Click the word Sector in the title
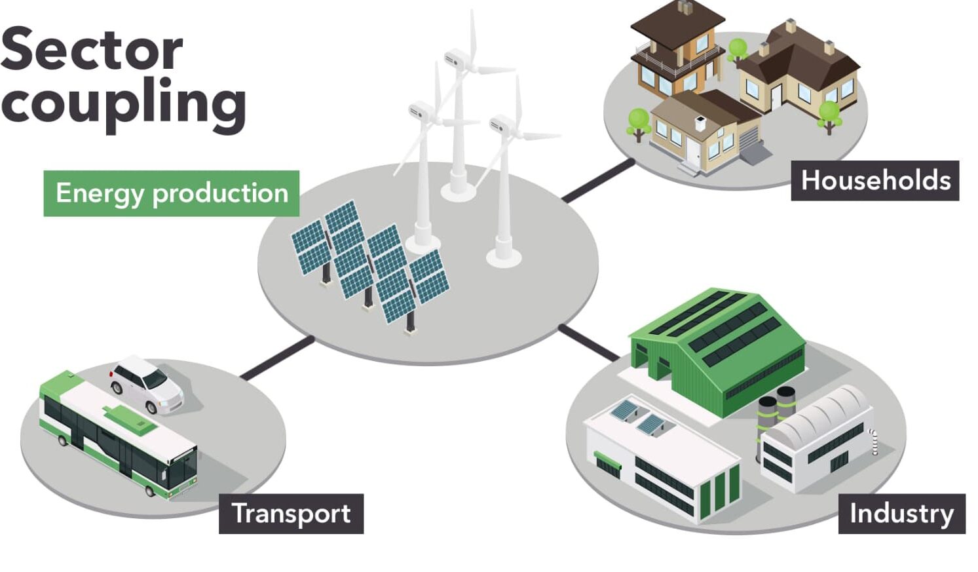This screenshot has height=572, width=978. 91,48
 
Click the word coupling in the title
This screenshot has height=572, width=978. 124,104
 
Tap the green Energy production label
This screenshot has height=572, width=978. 172,193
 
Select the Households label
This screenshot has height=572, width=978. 875,180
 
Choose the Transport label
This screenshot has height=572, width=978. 292,514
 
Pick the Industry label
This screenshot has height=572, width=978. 902,514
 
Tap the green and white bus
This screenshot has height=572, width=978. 118,434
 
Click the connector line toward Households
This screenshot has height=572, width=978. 598,180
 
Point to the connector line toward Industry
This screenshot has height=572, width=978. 589,343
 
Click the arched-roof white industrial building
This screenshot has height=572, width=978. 816,439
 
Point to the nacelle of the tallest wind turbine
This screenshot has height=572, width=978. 458,58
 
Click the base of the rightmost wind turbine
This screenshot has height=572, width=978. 504,257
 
